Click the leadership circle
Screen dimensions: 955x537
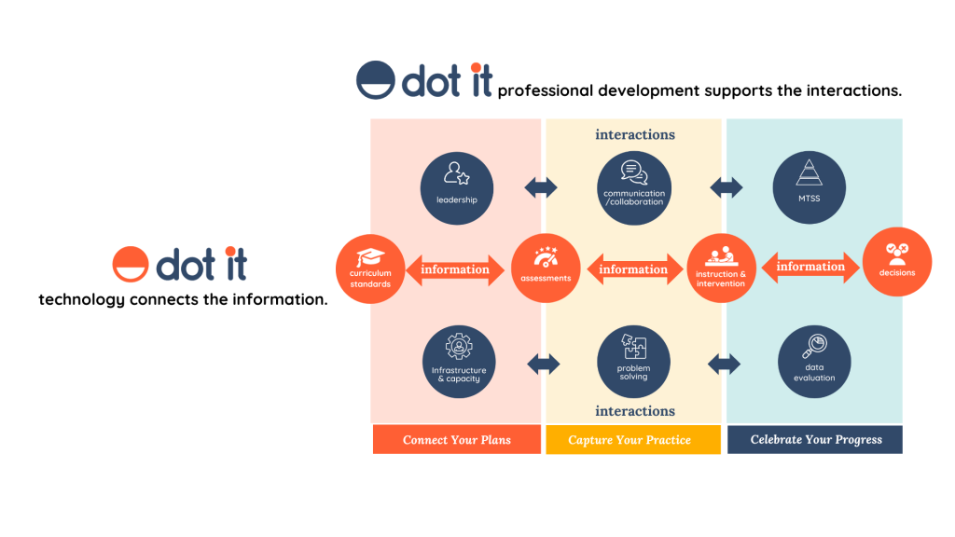[x=457, y=188]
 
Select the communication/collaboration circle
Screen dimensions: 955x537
[x=634, y=188]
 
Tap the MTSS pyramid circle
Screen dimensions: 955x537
[x=809, y=187]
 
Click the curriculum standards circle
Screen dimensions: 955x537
[x=370, y=269]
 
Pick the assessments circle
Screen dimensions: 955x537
[x=546, y=268]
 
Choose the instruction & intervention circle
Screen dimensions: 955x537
[x=721, y=268]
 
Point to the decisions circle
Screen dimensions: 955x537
[x=897, y=262]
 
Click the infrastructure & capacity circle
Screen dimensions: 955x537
[x=459, y=362]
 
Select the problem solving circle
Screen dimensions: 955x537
[x=633, y=362]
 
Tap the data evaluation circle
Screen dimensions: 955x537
[x=814, y=362]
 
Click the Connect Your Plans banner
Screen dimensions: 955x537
[x=457, y=440]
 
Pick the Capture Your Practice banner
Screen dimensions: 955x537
[x=633, y=440]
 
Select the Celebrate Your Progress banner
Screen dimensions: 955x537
[x=815, y=440]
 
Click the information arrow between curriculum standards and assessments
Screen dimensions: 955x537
[x=455, y=269]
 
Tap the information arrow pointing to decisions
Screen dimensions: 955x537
[x=810, y=267]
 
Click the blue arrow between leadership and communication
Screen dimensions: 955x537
[x=541, y=187]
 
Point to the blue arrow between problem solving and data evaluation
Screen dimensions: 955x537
[x=724, y=365]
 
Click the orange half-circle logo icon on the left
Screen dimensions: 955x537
[x=131, y=264]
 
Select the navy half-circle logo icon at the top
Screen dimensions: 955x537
[x=375, y=80]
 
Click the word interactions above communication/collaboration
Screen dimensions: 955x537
[x=635, y=134]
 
